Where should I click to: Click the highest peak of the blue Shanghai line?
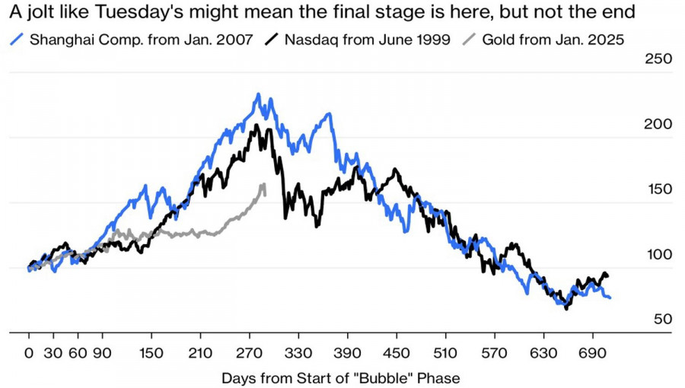pyautogui.click(x=259, y=94)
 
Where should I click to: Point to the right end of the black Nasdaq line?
pyautogui.click(x=608, y=275)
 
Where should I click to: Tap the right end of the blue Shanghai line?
pyautogui.click(x=610, y=297)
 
